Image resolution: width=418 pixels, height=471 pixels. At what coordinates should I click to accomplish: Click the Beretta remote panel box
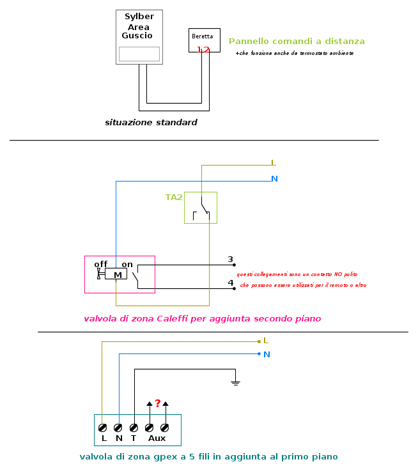point(205,40)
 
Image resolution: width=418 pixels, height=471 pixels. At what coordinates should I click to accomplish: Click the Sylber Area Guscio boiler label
point(138,26)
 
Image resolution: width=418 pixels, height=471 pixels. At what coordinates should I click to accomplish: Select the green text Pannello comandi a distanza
point(297,42)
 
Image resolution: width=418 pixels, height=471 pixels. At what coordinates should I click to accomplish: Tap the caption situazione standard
point(151,122)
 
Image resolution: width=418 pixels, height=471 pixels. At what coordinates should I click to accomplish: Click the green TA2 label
point(174,197)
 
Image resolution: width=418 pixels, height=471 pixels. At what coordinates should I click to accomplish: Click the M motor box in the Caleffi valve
point(118,275)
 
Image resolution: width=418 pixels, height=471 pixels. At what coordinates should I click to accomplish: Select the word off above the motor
point(101,264)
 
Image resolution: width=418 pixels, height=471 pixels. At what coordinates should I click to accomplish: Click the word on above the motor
point(127,264)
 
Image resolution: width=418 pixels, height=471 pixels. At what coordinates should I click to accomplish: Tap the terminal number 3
point(231,259)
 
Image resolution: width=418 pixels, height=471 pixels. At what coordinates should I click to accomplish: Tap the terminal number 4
point(231,282)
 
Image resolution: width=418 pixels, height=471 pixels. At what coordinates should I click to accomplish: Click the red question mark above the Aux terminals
point(157,403)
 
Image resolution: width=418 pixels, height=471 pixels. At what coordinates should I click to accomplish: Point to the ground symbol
point(236,383)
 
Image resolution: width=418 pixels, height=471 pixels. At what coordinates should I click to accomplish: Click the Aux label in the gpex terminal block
point(157,438)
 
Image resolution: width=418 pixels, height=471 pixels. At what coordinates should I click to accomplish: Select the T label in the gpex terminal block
point(134,438)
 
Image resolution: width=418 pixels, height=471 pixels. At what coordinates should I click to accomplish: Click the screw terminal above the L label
point(102,427)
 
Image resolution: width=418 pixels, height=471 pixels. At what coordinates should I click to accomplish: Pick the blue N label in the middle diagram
point(274,179)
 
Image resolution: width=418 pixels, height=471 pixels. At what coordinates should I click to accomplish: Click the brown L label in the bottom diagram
point(266,341)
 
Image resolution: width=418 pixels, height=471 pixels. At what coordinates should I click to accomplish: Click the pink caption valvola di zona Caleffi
point(202,318)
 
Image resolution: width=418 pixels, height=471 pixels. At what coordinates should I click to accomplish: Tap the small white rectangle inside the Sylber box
point(139,54)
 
